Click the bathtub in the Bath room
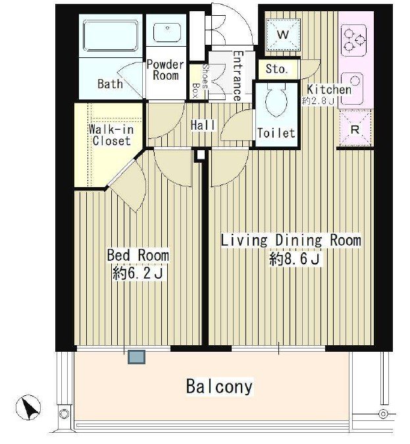(111, 36)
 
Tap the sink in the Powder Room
(167, 32)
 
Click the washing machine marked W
(283, 35)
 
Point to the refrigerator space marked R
(355, 128)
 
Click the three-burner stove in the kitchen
(353, 40)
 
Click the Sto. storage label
(276, 69)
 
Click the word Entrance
(237, 76)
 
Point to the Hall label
(203, 125)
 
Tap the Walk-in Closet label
(111, 135)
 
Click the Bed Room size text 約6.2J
(138, 273)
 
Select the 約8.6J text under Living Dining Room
(295, 258)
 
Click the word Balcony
(219, 386)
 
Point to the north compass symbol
(28, 408)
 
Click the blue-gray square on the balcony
(137, 357)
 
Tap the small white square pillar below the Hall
(200, 155)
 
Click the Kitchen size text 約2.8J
(319, 101)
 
